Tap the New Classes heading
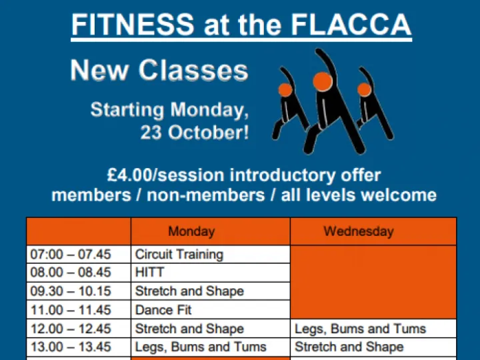(x=159, y=70)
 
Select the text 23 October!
(x=195, y=132)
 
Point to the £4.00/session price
(x=166, y=175)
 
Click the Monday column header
(x=191, y=232)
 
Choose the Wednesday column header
(x=359, y=232)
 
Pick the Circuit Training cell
(x=179, y=254)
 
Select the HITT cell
(x=149, y=273)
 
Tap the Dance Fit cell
(x=163, y=310)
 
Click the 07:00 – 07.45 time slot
(x=71, y=254)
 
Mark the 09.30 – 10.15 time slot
(x=71, y=291)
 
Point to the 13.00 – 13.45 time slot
(x=71, y=347)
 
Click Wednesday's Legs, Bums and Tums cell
(x=360, y=329)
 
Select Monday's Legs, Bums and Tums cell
(x=201, y=347)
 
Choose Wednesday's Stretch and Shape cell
(x=349, y=347)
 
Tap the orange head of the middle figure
(x=323, y=81)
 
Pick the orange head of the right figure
(x=364, y=90)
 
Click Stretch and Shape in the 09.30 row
(x=189, y=291)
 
